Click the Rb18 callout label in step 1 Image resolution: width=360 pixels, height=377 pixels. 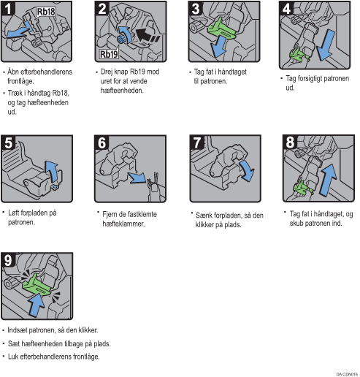tap(46, 12)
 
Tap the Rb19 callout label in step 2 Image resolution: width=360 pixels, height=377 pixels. tap(109, 54)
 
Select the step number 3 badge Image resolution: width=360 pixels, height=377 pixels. tap(196, 9)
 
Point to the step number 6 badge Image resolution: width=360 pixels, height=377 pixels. tap(102, 142)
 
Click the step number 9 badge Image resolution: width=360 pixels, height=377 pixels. tap(8, 260)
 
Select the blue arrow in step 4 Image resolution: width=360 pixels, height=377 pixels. tap(326, 45)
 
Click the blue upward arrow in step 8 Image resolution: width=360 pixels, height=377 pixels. tap(329, 180)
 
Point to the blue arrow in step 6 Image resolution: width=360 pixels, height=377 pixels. tap(137, 178)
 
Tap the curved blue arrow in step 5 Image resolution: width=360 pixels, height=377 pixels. tap(53, 171)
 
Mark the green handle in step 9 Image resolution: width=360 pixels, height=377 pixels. tap(37, 285)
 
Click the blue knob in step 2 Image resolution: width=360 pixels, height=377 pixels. tap(121, 39)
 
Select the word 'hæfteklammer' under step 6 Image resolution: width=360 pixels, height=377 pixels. tap(123, 224)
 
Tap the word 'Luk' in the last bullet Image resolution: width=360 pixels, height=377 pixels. tap(13, 357)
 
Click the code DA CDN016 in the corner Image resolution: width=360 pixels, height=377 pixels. tap(347, 374)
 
